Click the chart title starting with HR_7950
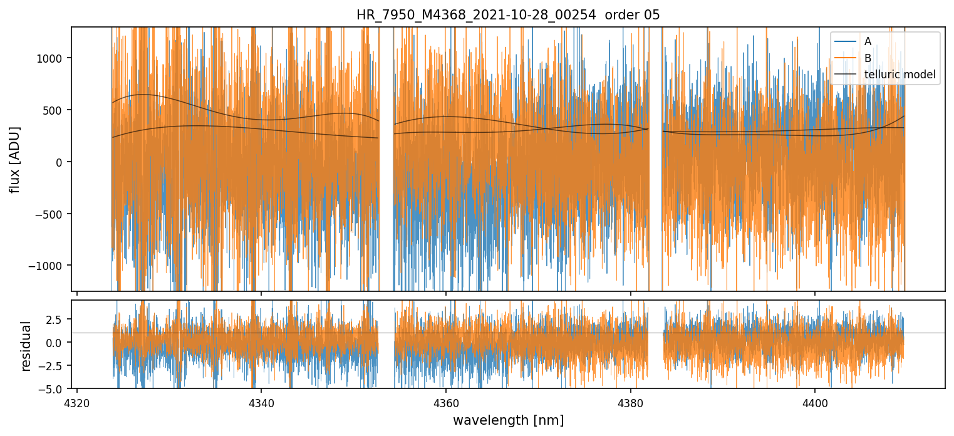508,15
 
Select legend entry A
868,41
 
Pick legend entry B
868,58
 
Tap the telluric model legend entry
900,75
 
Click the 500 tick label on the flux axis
58,110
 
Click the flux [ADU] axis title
14,159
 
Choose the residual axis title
26,346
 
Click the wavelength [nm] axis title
508,420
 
